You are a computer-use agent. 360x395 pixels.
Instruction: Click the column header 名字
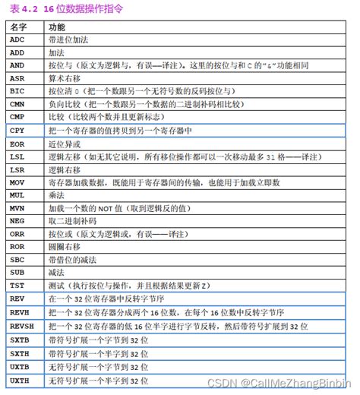[x=19, y=25]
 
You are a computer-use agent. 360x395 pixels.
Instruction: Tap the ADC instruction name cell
[x=18, y=39]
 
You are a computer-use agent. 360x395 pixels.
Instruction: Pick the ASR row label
[x=18, y=77]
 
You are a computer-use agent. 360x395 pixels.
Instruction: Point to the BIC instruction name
[x=18, y=90]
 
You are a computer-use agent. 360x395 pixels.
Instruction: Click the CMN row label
[x=18, y=103]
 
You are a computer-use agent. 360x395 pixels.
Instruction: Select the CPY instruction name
[x=18, y=129]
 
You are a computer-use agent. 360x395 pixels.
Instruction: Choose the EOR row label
[x=18, y=143]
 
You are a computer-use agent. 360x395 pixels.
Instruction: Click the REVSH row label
[x=22, y=325]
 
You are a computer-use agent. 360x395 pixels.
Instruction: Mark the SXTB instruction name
[x=21, y=339]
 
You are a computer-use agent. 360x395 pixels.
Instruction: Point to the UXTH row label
[x=21, y=378]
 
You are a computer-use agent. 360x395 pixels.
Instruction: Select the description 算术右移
[x=64, y=77]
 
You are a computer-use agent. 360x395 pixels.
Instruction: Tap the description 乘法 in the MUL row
[x=56, y=194]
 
